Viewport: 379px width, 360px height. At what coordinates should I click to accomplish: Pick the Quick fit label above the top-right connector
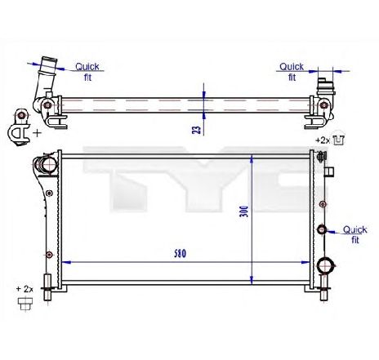pos(292,72)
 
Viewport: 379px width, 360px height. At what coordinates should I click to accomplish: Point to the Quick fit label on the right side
pos(354,235)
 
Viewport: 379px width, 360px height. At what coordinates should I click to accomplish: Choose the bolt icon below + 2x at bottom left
pos(25,304)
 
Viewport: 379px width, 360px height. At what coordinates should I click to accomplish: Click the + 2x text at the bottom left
pos(26,289)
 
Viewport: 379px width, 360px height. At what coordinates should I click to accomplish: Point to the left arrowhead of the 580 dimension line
pos(65,262)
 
